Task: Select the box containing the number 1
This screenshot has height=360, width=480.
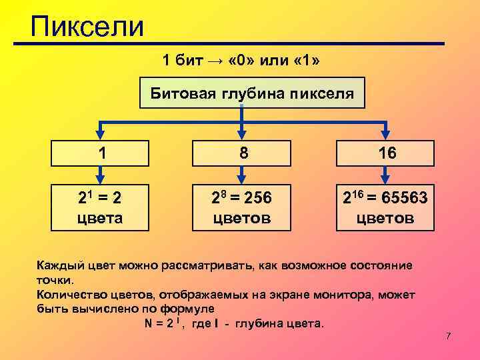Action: point(100,153)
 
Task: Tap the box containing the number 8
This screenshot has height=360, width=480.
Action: point(245,153)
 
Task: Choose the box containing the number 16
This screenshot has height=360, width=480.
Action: point(387,153)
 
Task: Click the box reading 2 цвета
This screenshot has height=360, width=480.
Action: point(101,207)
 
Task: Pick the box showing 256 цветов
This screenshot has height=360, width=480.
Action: point(245,207)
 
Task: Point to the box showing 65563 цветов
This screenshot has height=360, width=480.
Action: point(386,207)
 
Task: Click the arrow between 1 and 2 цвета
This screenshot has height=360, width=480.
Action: point(100,175)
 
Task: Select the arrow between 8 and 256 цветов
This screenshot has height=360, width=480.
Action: point(244,175)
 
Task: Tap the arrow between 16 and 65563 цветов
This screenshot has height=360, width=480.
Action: point(387,175)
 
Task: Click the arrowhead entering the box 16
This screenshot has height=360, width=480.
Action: point(387,135)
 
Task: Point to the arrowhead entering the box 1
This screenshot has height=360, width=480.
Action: point(100,135)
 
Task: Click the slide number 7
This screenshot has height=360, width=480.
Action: point(449,336)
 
